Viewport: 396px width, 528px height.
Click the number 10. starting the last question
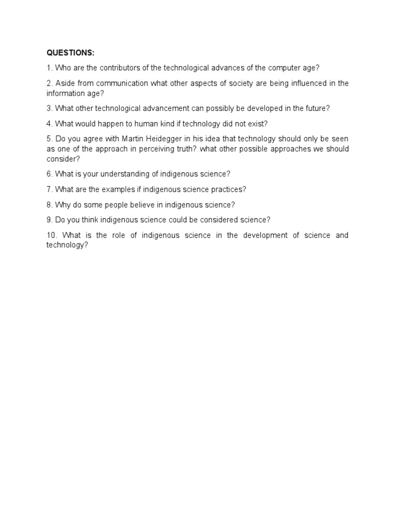(x=53, y=235)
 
